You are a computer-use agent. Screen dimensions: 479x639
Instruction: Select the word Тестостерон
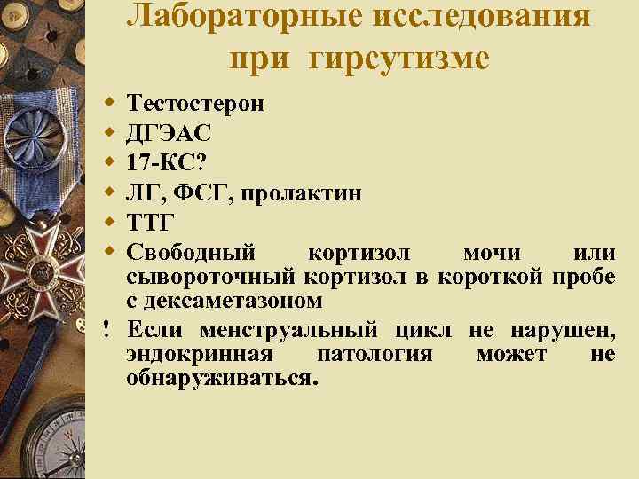click(195, 103)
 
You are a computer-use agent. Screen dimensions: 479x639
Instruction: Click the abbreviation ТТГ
click(151, 221)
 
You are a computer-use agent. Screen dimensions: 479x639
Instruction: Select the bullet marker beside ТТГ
click(109, 220)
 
